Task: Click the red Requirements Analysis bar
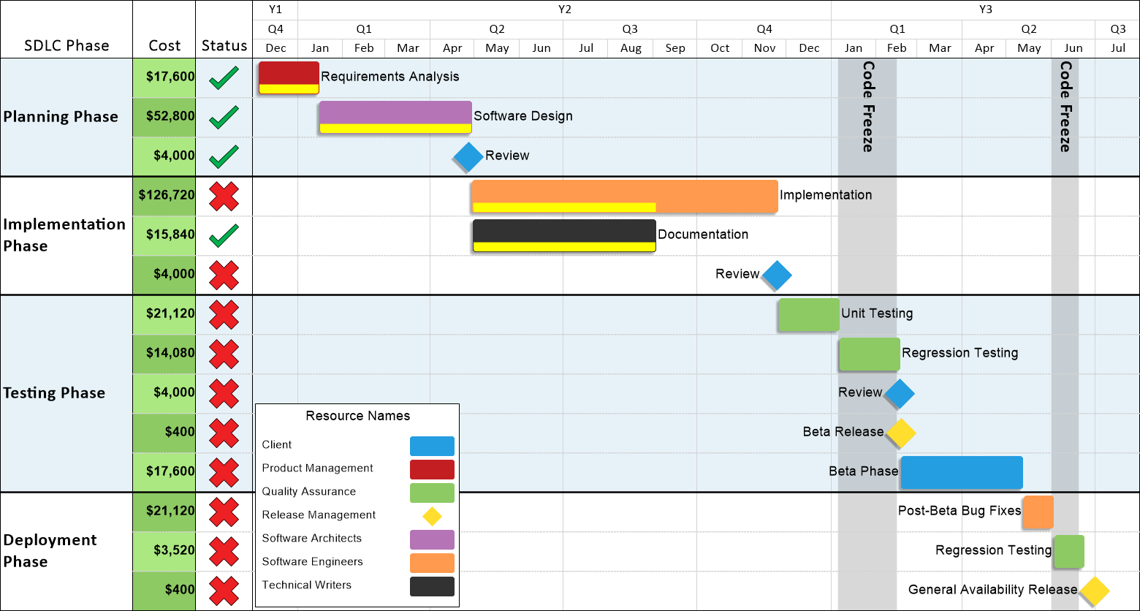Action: [x=289, y=77]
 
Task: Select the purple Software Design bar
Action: [x=395, y=117]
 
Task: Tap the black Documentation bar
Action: [x=564, y=235]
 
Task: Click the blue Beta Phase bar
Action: [x=962, y=473]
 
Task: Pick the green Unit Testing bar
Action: [x=809, y=315]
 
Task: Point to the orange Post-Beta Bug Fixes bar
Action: [x=1038, y=512]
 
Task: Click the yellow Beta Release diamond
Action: [x=901, y=433]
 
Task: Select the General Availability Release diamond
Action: [x=1095, y=591]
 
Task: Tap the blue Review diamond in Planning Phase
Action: [x=468, y=157]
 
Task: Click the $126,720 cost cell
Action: [x=164, y=197]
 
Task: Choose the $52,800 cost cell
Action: [x=164, y=117]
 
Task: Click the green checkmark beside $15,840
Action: [x=224, y=235]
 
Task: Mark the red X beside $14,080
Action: [x=224, y=354]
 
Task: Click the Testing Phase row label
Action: [x=55, y=393]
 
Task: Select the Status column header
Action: [x=224, y=45]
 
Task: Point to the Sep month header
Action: [x=675, y=48]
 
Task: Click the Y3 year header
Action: [x=986, y=10]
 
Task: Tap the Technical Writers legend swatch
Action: [x=432, y=587]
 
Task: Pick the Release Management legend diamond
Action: [x=432, y=516]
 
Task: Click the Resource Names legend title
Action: [x=358, y=416]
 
